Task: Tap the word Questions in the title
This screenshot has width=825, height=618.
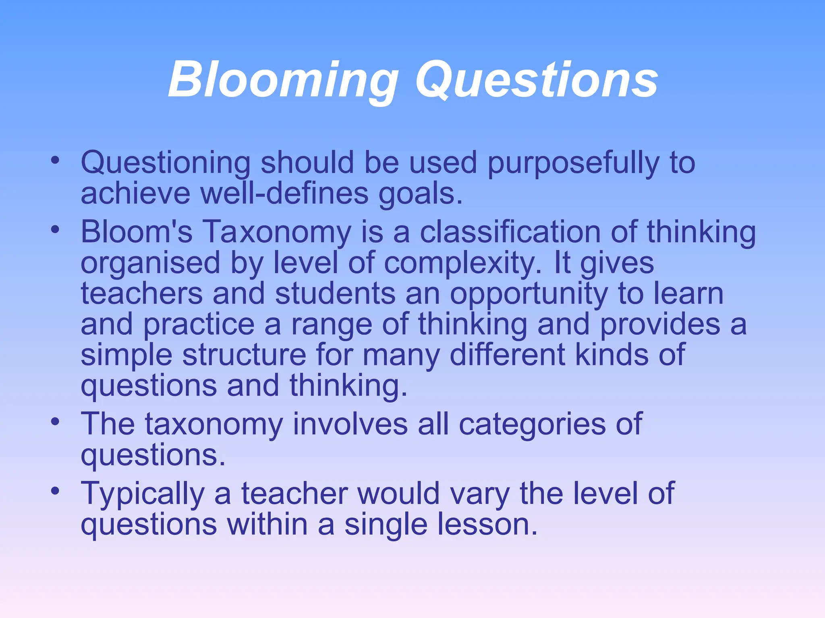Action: click(x=537, y=79)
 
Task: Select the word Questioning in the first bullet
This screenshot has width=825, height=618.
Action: click(x=166, y=163)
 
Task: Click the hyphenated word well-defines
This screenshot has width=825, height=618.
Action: click(x=284, y=194)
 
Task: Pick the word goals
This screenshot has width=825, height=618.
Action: click(x=420, y=194)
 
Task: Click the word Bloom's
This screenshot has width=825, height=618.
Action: click(x=137, y=232)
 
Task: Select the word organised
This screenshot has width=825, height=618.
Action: click(x=151, y=263)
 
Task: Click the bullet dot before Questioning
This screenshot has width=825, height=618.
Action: click(x=55, y=161)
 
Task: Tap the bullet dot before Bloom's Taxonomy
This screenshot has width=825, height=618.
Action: click(x=55, y=230)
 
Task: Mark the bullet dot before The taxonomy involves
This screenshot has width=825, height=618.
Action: click(x=55, y=422)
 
